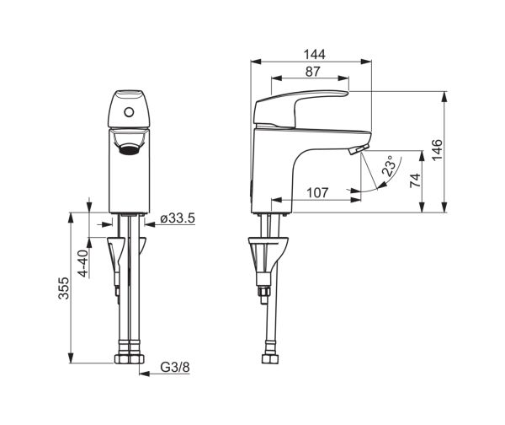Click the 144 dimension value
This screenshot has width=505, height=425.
(x=315, y=54)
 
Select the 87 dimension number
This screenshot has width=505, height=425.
(x=313, y=72)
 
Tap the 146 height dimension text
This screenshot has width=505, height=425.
(x=437, y=150)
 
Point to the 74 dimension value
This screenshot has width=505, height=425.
(x=415, y=180)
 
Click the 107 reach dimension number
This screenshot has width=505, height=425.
(x=317, y=192)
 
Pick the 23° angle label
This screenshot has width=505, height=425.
(x=388, y=166)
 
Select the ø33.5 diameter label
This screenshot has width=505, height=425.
(x=178, y=218)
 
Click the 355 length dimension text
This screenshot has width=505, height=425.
(x=63, y=288)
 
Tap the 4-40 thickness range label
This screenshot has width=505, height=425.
(x=83, y=263)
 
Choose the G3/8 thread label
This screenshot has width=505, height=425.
(x=175, y=367)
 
